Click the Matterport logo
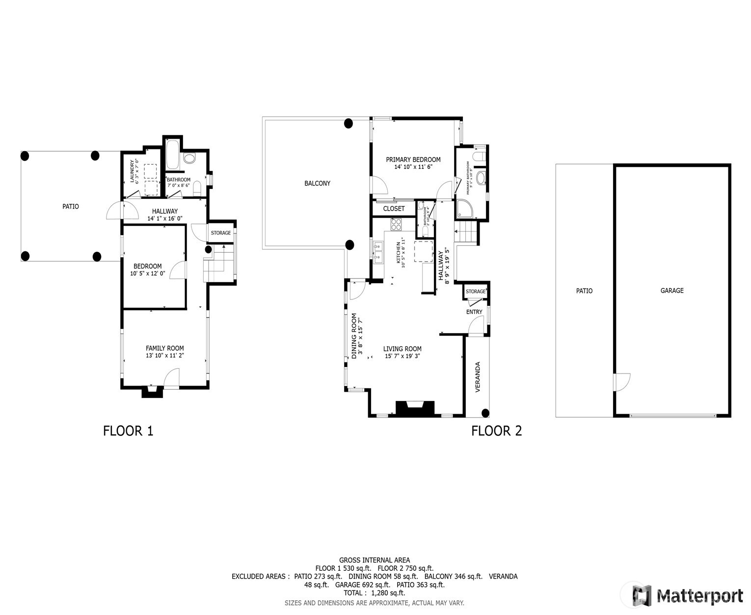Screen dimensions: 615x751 point(688,596)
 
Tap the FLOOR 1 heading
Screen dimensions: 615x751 point(128,431)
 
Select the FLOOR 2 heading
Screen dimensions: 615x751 point(496,431)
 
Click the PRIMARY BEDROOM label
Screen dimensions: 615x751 point(413,160)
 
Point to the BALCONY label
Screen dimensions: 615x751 point(317,183)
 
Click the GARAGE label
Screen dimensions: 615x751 point(671,291)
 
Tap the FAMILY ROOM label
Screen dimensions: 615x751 point(164,348)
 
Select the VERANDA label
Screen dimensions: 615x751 point(478,377)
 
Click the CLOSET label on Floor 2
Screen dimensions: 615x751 point(394,209)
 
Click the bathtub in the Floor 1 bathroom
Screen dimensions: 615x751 point(173,155)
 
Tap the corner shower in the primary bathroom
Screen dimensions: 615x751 point(464,209)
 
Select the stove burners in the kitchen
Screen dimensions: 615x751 point(396,224)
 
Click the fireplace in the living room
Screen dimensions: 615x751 point(415,408)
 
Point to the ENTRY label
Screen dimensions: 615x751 point(474,312)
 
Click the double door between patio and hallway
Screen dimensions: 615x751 point(116,211)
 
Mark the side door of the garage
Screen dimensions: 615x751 point(622,382)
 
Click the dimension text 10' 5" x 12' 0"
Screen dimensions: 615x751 point(147,273)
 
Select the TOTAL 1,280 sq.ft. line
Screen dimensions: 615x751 point(374,593)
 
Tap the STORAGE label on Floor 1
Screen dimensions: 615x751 point(221,233)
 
